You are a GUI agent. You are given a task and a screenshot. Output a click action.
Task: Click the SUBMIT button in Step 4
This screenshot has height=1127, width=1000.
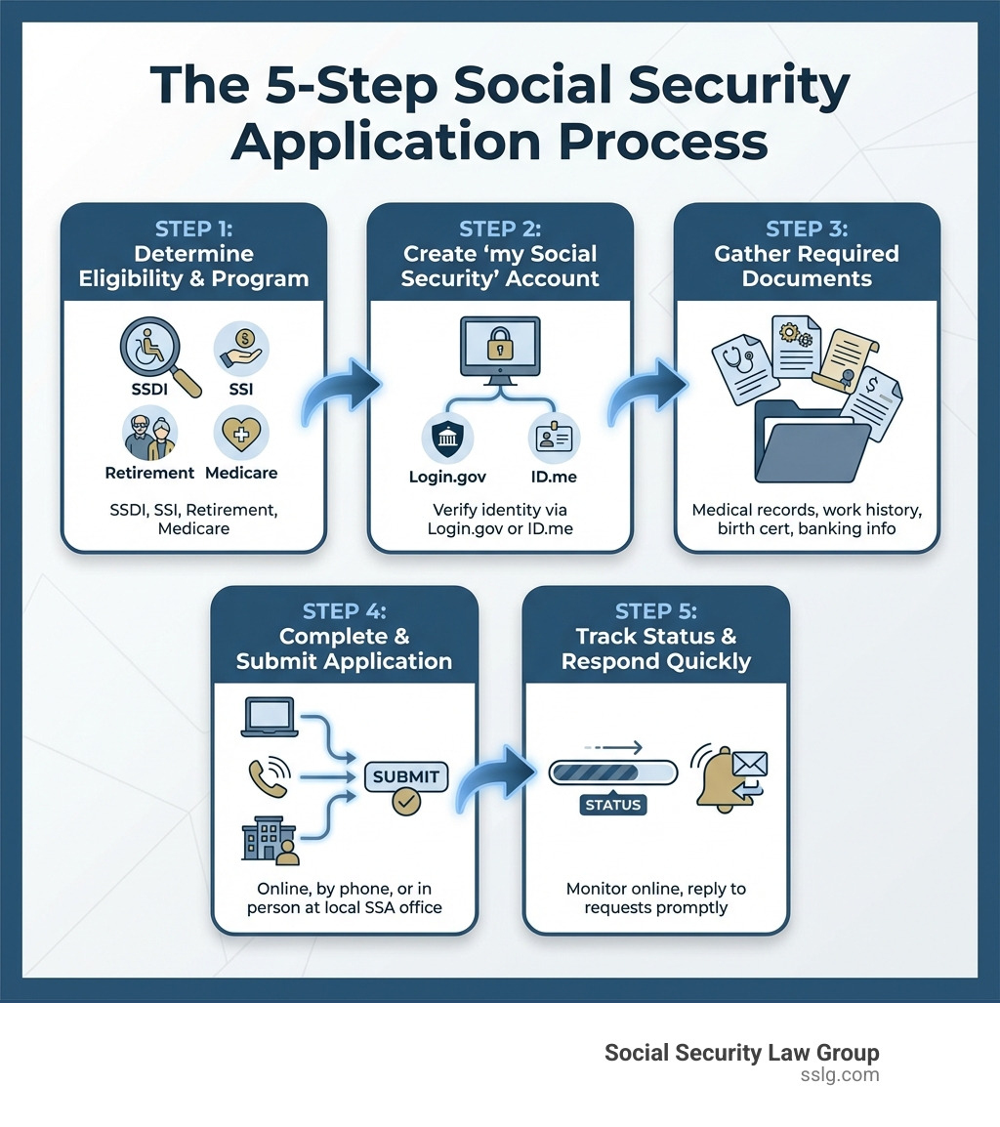point(405,777)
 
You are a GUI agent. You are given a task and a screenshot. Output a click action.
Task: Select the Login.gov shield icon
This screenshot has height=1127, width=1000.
point(446,438)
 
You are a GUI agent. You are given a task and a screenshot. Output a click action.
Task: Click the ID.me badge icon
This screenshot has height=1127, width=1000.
point(554,438)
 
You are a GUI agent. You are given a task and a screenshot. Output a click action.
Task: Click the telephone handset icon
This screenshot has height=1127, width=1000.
point(267,776)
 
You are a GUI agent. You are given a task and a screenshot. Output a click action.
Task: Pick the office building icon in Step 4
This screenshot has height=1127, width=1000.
point(268,839)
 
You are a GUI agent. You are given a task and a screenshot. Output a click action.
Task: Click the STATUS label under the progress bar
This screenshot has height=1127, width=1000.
point(612,805)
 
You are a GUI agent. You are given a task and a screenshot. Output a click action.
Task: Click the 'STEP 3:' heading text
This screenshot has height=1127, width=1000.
point(807,230)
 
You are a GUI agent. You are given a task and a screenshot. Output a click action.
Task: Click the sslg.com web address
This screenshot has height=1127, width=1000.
point(839,1074)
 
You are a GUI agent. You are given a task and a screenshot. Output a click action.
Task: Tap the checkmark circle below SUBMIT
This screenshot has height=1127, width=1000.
point(405,803)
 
